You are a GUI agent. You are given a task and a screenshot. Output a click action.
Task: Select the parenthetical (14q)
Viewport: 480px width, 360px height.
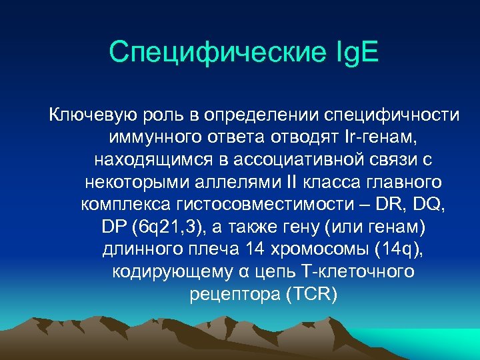point(397,250)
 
